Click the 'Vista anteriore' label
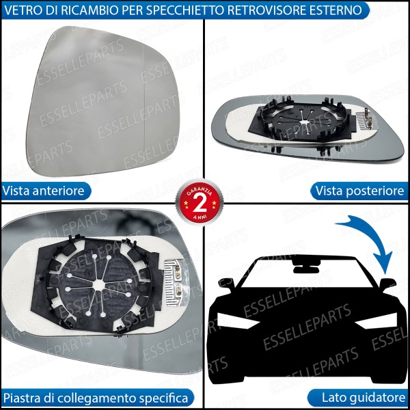[44, 191]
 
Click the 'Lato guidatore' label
[364, 397]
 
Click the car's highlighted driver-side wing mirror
[387, 282]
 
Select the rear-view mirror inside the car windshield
[305, 262]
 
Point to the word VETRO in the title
[22, 10]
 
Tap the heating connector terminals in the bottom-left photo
[174, 279]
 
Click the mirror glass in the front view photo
[102, 96]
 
